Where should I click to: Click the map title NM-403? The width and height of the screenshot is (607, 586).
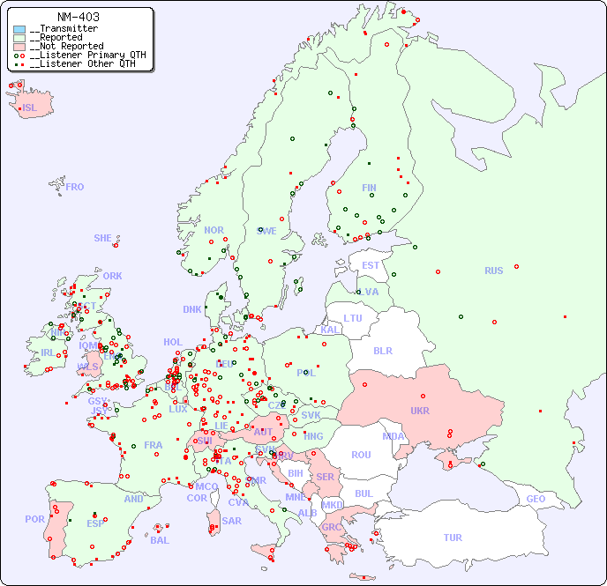tap(78, 17)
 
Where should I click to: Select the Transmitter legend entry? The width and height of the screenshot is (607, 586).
tap(64, 29)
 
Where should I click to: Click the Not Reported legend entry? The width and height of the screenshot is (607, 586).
tap(66, 46)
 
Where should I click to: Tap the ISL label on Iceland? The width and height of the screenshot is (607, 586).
tap(30, 108)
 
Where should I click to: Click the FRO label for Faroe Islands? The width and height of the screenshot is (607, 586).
tap(75, 187)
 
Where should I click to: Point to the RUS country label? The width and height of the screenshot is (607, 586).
tap(493, 271)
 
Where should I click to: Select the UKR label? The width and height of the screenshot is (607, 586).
tap(419, 411)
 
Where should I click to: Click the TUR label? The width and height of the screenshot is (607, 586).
tap(453, 538)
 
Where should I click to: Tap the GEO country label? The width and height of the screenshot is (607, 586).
tap(536, 499)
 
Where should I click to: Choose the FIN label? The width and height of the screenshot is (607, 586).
tap(369, 188)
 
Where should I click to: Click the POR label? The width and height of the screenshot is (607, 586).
tap(34, 519)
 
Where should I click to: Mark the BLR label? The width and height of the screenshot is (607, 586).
tap(382, 350)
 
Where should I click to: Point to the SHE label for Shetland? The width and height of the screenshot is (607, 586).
tap(103, 238)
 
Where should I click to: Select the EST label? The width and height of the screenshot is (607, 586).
tap(371, 265)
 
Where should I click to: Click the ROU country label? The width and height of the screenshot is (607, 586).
tap(361, 455)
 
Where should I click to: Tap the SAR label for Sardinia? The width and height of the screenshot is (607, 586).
tap(231, 521)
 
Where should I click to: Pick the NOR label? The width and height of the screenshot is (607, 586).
tap(214, 230)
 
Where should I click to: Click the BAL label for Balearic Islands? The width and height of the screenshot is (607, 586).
tap(160, 540)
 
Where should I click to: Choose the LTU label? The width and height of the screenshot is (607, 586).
tap(353, 318)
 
